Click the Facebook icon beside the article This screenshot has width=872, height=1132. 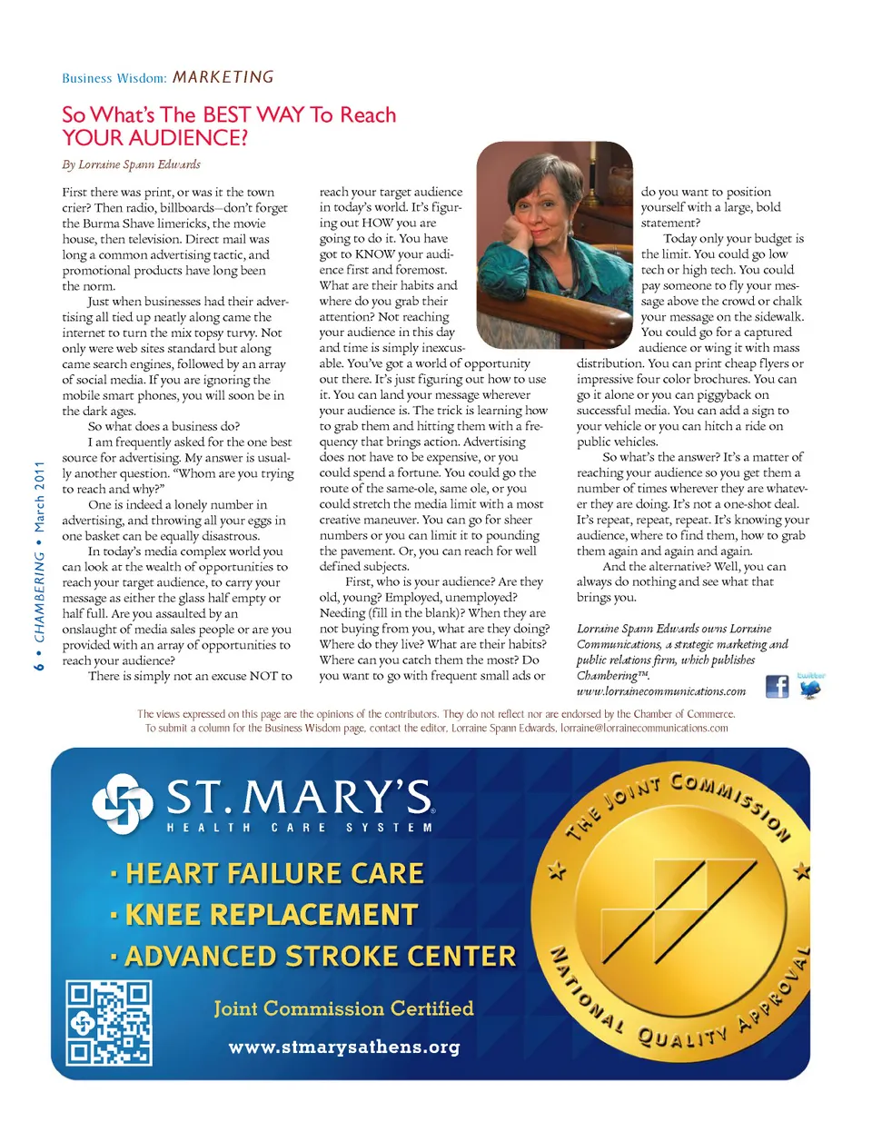(777, 686)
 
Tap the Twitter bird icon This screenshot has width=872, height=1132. (809, 688)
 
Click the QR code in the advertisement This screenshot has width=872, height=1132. (109, 1023)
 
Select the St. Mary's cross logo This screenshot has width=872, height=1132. (123, 800)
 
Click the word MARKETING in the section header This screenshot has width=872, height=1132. (223, 77)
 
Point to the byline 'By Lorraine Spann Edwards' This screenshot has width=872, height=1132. (131, 164)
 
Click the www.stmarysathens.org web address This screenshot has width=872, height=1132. (343, 1047)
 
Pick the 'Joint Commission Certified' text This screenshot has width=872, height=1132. (343, 1008)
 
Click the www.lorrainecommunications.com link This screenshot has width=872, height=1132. (660, 691)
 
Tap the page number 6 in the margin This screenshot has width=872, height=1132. (39, 666)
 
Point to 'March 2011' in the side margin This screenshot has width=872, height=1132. (39, 499)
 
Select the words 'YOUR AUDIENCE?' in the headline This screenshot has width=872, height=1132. (154, 138)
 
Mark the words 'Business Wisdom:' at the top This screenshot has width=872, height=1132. (114, 78)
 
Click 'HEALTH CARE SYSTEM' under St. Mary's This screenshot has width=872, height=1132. (300, 828)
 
